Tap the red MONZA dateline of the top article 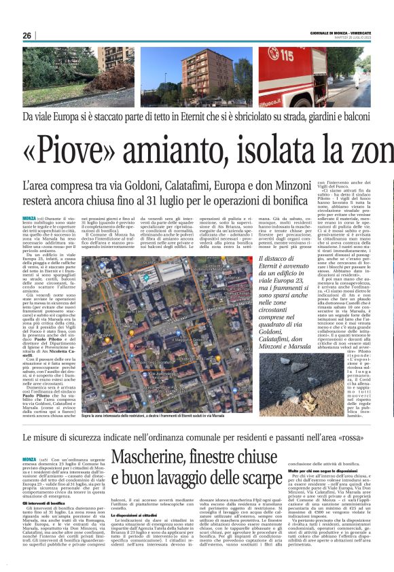30,218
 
